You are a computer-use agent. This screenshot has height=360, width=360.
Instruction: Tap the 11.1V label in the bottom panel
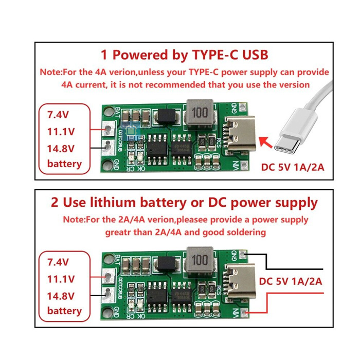tap(61, 279)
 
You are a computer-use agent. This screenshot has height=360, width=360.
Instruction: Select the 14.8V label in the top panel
tap(61, 148)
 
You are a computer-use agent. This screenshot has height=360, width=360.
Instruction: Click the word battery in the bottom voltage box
tap(64, 311)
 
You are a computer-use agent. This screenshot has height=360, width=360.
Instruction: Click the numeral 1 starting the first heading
tap(104, 55)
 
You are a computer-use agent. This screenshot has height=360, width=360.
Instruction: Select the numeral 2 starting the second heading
tap(55, 202)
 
